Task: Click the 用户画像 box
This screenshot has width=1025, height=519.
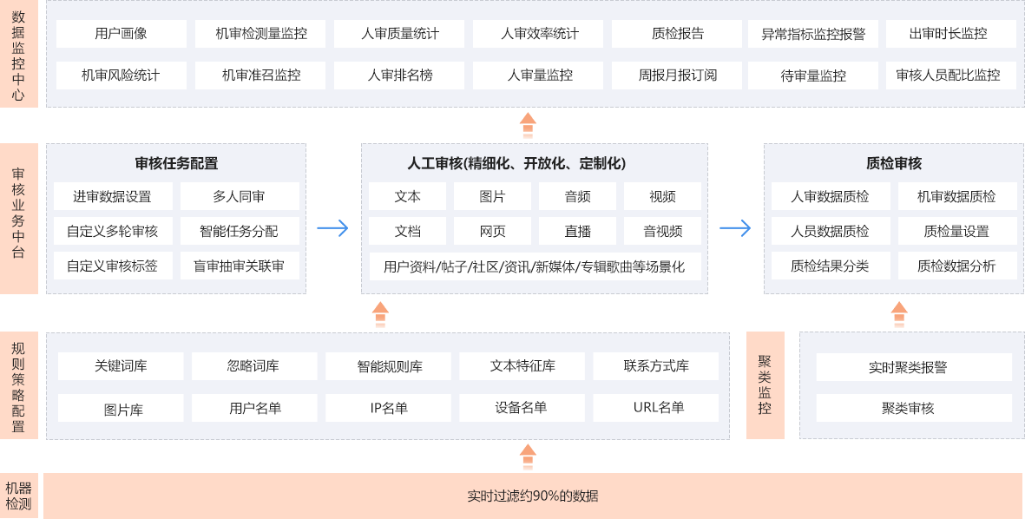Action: point(121,34)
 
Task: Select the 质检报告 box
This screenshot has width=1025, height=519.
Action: point(678,34)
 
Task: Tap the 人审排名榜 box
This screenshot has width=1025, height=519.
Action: point(399,75)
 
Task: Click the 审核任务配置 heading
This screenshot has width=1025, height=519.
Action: point(176,163)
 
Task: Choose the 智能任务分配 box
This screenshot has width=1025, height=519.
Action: point(239,231)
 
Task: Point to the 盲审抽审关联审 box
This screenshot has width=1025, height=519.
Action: point(239,266)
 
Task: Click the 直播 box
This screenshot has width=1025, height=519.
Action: point(577,231)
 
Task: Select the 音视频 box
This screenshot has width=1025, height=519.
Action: point(662,231)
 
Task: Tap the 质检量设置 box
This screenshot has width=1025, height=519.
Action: point(956,231)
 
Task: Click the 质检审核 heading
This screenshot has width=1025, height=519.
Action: point(893,163)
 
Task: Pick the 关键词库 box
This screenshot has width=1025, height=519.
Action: point(121,366)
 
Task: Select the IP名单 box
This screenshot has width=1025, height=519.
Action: point(388,408)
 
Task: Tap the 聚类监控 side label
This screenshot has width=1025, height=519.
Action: point(765,384)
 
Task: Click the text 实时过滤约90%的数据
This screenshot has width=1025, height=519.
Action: point(532,496)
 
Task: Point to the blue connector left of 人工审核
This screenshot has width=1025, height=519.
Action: point(332,228)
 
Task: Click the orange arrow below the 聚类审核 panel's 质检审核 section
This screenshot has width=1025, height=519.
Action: point(899,315)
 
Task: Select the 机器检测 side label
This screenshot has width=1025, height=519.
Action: point(19,496)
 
